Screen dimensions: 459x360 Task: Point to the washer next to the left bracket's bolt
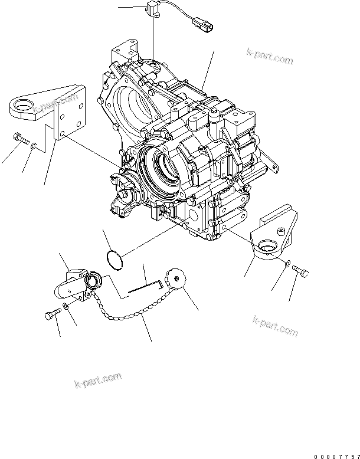point(36,145)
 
